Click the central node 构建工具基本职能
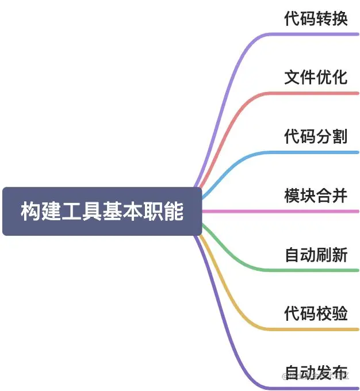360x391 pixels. [102, 211]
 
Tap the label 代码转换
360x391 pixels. [316, 18]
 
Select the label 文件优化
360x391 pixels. [316, 77]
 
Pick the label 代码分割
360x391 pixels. [316, 136]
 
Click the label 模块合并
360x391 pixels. [316, 195]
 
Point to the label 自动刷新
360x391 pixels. [316, 254]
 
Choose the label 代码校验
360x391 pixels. [316, 313]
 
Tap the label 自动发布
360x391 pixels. [316, 372]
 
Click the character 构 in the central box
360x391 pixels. [30, 212]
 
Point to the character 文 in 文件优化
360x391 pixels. [292, 77]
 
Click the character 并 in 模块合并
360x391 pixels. [340, 195]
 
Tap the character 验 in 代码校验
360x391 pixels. [340, 313]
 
